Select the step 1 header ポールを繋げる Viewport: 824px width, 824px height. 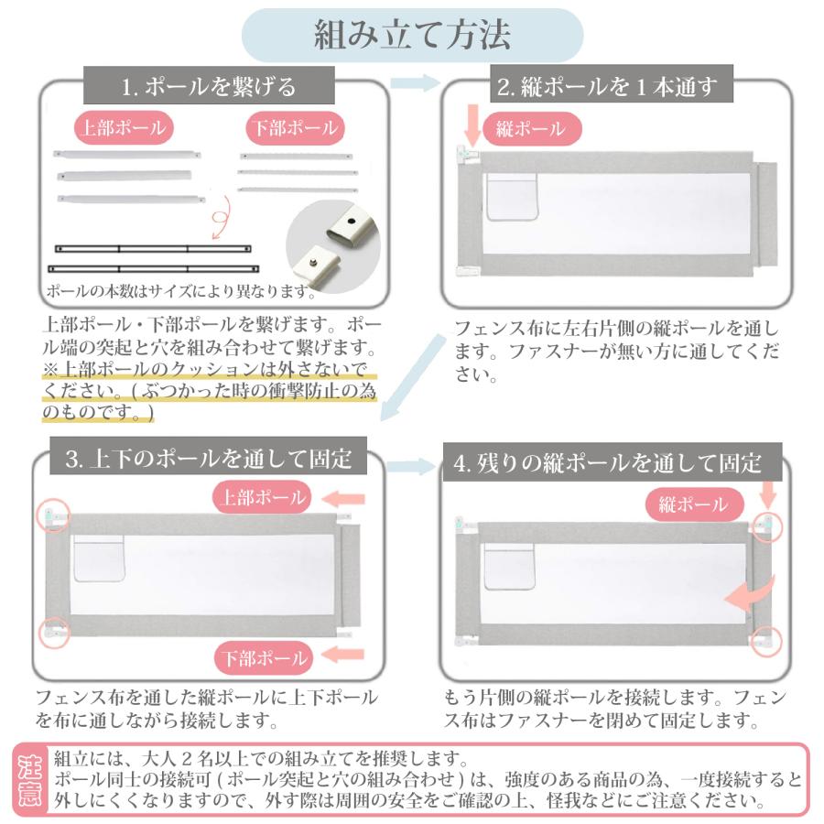(210, 87)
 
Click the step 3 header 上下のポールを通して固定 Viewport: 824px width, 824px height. (208, 459)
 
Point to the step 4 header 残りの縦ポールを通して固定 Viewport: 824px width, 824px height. (608, 463)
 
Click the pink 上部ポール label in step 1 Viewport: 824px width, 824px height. (125, 128)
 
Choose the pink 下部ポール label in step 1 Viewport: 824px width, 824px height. (295, 128)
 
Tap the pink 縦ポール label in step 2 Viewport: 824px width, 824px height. (530, 129)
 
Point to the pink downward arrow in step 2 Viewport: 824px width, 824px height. (472, 124)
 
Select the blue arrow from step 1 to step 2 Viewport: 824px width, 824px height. (414, 83)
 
